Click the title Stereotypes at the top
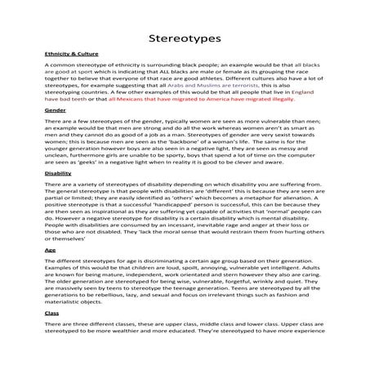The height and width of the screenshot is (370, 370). (185, 38)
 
